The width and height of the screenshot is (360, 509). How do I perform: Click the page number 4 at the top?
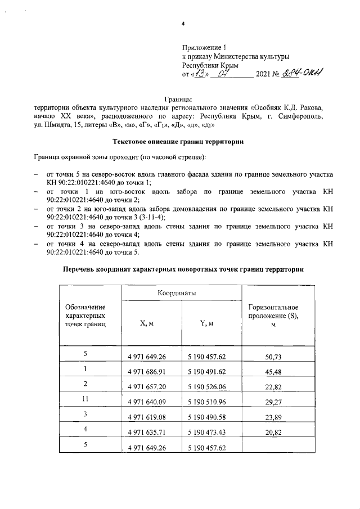[183, 23]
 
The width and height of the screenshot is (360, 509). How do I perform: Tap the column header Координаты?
[181, 293]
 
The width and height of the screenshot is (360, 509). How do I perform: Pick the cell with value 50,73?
[273, 357]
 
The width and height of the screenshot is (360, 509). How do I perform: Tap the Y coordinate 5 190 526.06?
[210, 388]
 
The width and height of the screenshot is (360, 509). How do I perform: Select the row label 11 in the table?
[85, 400]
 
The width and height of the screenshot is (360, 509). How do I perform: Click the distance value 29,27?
[273, 403]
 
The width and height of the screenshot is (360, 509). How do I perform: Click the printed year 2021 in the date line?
[264, 74]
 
